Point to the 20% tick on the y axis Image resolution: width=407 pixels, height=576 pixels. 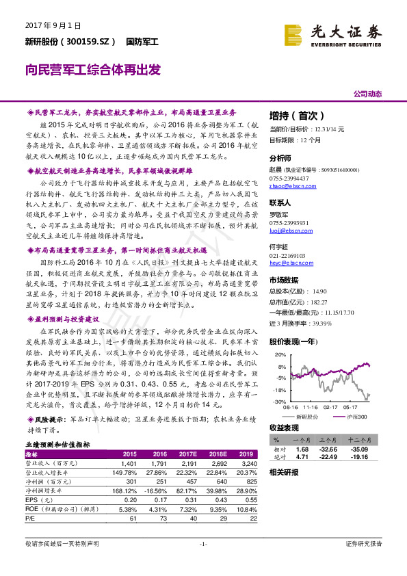280,354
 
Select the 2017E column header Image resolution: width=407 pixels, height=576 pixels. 186,454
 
